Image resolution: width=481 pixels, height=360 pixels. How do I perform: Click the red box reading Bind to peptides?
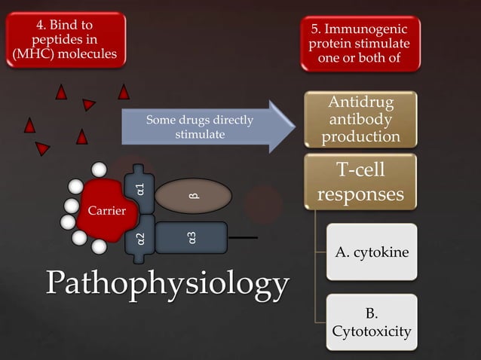66,39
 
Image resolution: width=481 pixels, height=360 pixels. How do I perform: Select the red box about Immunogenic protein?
360,44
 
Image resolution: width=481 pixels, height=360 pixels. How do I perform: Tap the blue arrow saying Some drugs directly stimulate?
209,127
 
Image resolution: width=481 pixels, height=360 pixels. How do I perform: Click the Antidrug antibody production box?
360,120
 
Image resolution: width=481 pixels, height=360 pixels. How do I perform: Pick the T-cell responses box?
360,182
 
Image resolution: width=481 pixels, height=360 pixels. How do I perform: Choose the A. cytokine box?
372,252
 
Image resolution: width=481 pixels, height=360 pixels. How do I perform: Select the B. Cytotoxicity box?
372,322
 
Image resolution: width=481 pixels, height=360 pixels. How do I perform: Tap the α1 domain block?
139,189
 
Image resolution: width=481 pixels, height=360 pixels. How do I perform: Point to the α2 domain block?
140,239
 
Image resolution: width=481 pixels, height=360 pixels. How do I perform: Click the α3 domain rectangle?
191,238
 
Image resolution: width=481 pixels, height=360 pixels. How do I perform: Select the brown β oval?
193,196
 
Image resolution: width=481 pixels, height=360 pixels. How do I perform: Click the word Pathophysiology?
167,284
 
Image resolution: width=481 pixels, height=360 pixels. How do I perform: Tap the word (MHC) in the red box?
32,54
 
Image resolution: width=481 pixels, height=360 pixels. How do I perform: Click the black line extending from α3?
243,237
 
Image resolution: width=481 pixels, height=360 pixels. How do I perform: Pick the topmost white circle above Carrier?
99,169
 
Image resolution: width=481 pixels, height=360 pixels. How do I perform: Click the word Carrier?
107,210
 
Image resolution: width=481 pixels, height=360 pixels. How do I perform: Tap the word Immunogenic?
366,29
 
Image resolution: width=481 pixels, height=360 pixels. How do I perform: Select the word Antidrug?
360,102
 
